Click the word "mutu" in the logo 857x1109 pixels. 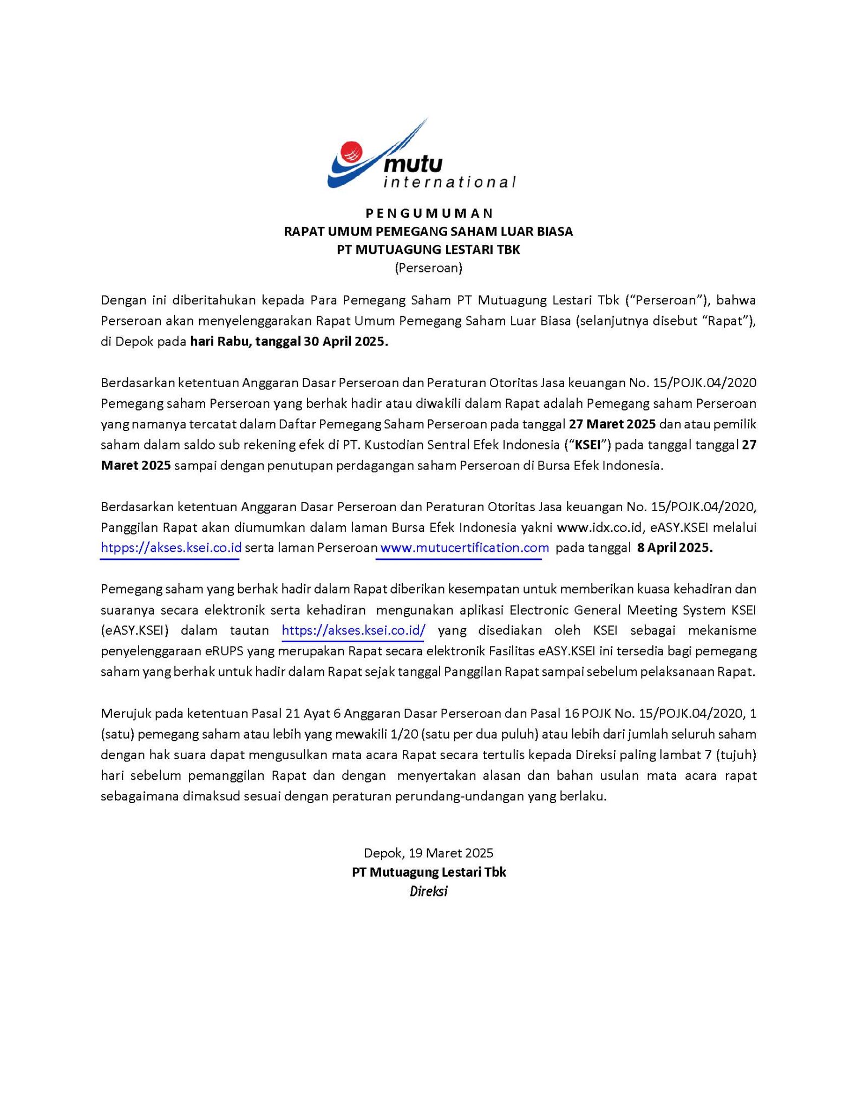(x=414, y=163)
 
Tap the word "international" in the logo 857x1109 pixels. (x=449, y=182)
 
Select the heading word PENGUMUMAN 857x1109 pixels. (x=428, y=213)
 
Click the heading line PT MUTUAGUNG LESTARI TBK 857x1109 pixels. (x=428, y=250)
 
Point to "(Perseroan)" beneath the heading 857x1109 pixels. (x=428, y=268)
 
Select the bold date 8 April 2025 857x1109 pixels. (x=675, y=547)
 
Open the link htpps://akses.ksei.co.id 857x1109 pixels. (x=171, y=547)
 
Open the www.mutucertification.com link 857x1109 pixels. (x=465, y=547)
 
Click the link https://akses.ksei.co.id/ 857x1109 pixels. (x=354, y=630)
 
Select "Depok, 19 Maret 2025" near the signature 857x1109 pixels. (x=428, y=853)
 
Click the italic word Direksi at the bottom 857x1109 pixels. (x=428, y=891)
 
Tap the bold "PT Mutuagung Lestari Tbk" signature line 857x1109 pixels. (x=428, y=872)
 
